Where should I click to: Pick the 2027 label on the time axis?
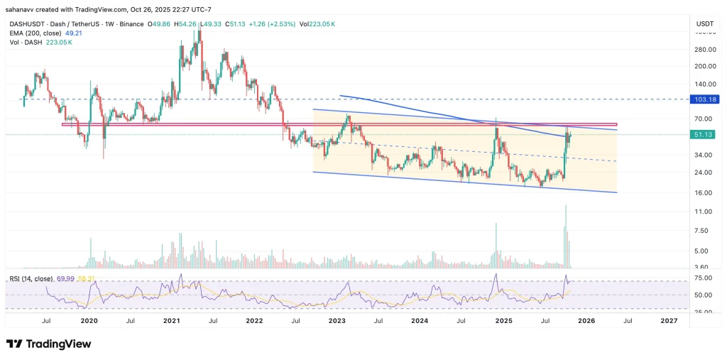pos(669,321)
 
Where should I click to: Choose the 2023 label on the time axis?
pos(337,321)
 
